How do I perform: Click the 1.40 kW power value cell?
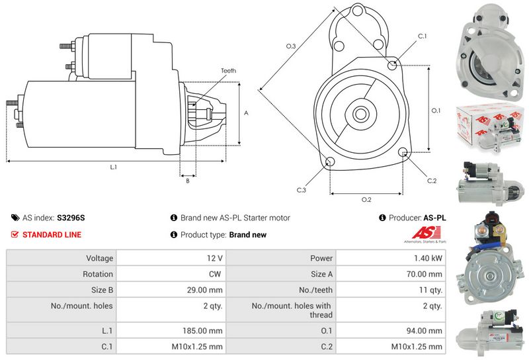[x=428, y=258]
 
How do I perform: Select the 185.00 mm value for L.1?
[x=202, y=331]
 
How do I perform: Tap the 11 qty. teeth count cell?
[x=430, y=290]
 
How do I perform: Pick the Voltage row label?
[x=100, y=258]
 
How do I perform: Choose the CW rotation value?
[x=215, y=274]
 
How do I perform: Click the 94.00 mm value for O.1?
[x=424, y=331]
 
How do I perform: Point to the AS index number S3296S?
[x=71, y=218]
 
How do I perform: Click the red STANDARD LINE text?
[x=52, y=235]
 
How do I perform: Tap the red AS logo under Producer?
[x=426, y=234]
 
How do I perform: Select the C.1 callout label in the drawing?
[x=422, y=36]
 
